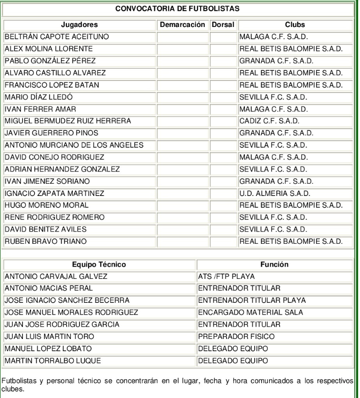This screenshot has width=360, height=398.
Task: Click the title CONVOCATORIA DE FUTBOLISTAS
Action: click(178, 9)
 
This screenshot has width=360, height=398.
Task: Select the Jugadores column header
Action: click(79, 24)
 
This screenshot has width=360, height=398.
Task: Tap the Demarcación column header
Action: click(182, 24)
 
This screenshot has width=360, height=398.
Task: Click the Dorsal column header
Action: click(224, 24)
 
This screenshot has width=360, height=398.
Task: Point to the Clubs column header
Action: click(295, 24)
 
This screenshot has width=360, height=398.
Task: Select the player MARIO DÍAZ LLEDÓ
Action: click(39, 97)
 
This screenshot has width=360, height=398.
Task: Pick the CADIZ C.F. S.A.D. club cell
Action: click(269, 121)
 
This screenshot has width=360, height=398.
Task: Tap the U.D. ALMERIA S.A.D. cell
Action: click(274, 193)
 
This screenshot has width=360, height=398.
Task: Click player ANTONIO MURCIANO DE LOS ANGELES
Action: click(74, 145)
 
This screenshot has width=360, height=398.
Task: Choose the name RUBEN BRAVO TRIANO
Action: click(45, 241)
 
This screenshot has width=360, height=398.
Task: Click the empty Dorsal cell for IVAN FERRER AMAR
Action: click(224, 109)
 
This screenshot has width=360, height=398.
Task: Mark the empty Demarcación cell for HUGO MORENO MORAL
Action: click(182, 205)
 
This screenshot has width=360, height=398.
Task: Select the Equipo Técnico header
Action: click(99, 265)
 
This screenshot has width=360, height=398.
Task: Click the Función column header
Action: click(274, 265)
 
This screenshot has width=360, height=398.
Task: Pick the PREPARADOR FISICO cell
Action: click(236, 336)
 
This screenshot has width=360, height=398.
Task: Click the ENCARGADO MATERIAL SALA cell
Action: click(250, 312)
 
